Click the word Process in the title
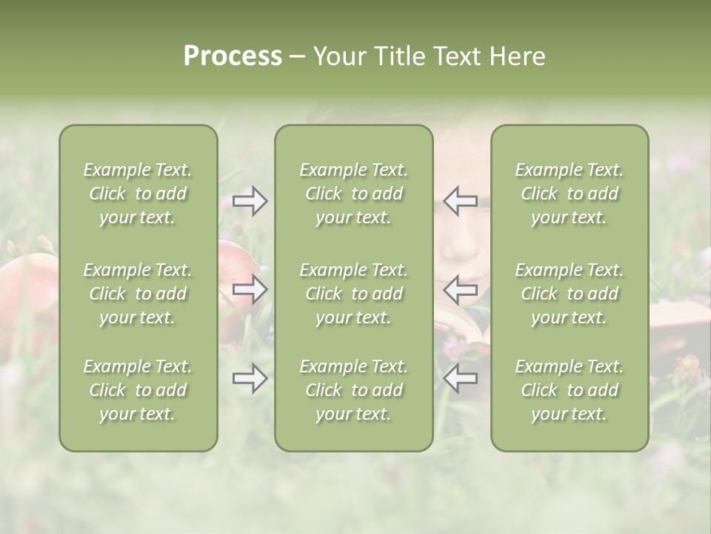[x=233, y=56]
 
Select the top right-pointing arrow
[x=250, y=200]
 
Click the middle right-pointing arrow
[x=250, y=289]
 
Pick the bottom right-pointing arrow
[x=250, y=378]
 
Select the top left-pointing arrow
[x=461, y=200]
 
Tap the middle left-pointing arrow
[x=461, y=289]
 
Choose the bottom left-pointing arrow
[x=461, y=378]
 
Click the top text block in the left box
[x=138, y=194]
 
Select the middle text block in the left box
[x=138, y=294]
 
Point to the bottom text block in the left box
[x=138, y=390]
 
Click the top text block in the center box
[x=354, y=194]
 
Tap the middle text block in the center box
[x=354, y=294]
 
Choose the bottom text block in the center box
[x=354, y=390]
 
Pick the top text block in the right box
[x=570, y=194]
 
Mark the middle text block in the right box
[x=570, y=294]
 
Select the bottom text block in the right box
[x=570, y=390]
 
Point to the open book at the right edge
[x=680, y=319]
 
